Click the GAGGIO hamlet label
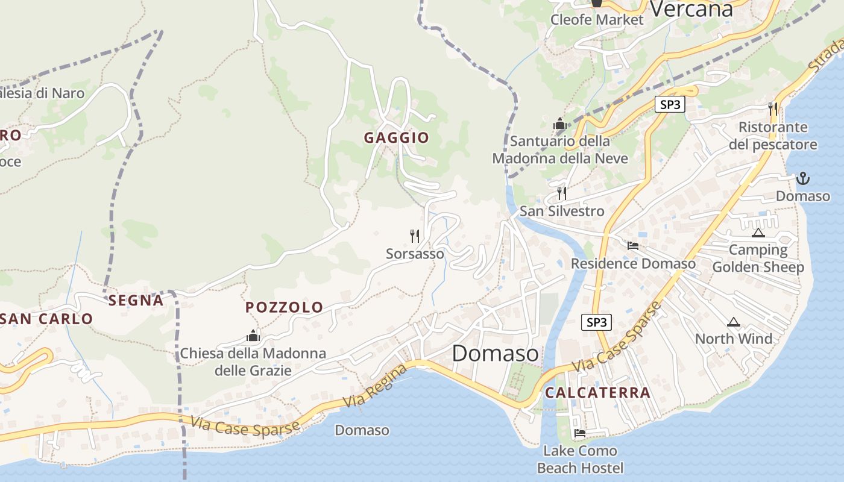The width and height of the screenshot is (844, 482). tap(396, 138)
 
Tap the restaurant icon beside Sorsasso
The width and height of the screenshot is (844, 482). tap(415, 236)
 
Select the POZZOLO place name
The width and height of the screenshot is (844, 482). tap(284, 307)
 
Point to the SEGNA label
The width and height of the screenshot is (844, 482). tap(136, 300)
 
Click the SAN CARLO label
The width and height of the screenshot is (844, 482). tap(46, 319)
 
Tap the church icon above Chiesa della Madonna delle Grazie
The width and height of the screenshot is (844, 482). tap(253, 336)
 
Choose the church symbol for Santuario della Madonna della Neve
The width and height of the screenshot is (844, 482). tap(560, 124)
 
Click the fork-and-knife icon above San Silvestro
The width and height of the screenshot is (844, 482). tap(562, 193)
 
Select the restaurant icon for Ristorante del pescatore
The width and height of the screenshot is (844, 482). tap(773, 109)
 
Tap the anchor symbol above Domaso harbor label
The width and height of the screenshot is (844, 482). tap(802, 178)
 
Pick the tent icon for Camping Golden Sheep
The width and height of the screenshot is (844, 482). tap(758, 233)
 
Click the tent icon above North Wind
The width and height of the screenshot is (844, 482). tap(733, 322)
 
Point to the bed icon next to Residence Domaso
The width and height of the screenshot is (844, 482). tap(633, 245)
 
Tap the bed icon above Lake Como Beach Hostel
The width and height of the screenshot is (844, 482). tap(580, 433)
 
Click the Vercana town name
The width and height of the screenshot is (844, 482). tap(691, 8)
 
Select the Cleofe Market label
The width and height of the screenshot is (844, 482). tap(597, 20)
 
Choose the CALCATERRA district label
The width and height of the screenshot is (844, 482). tap(597, 393)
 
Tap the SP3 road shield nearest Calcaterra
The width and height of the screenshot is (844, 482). tap(596, 322)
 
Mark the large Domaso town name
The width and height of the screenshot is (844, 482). tap(496, 353)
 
